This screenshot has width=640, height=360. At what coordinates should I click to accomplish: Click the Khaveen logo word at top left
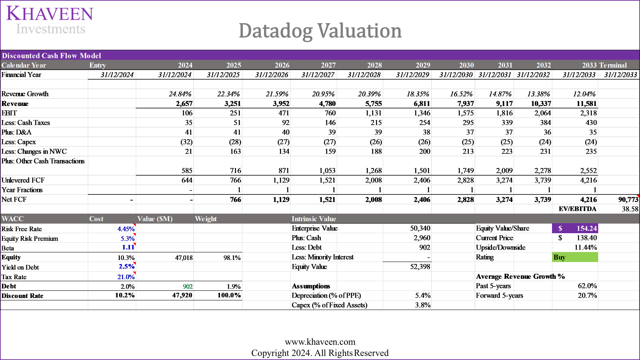[x=50, y=14]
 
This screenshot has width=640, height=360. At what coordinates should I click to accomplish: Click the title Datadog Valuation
[x=320, y=31]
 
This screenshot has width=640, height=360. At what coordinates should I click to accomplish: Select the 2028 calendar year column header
[x=374, y=65]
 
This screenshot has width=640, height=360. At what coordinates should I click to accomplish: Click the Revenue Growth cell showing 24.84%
[x=180, y=94]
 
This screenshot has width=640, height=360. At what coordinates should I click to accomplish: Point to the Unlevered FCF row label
[x=23, y=180]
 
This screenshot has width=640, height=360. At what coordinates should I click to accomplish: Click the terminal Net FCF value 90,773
[x=628, y=200]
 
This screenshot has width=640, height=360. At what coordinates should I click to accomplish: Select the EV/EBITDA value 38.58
[x=630, y=209]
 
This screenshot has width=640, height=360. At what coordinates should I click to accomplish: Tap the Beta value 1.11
[x=128, y=248]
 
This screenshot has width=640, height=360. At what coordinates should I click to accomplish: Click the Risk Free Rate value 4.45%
[x=126, y=229]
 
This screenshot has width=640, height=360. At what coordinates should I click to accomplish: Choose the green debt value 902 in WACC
[x=188, y=287]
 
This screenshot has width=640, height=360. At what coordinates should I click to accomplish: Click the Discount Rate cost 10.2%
[x=125, y=296]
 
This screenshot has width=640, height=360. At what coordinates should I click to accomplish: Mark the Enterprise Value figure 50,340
[x=420, y=228]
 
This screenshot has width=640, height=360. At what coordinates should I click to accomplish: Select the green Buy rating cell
[x=575, y=257]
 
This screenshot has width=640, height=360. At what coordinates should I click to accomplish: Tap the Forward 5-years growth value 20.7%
[x=587, y=296]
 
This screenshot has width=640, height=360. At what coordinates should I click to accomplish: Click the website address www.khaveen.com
[x=320, y=342]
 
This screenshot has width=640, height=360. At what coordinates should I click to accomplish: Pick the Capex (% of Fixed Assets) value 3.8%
[x=422, y=305]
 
